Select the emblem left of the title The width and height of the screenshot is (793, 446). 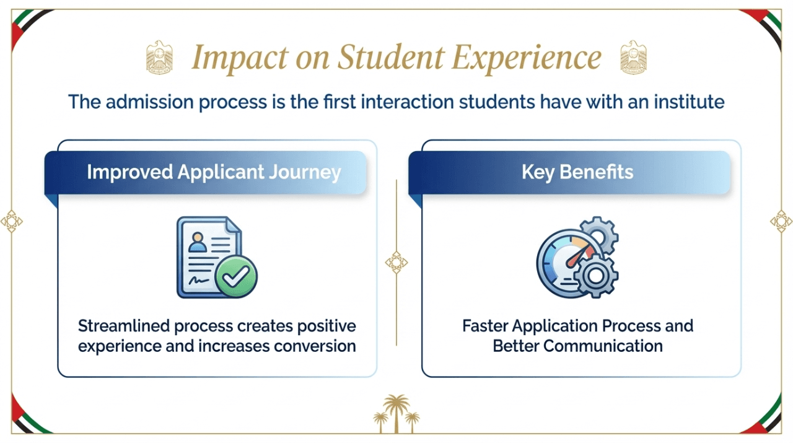pyautogui.click(x=159, y=57)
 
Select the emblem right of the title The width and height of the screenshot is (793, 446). pyautogui.click(x=633, y=57)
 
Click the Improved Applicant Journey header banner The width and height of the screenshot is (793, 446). pyautogui.click(x=214, y=172)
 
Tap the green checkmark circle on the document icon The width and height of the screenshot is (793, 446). pyautogui.click(x=235, y=276)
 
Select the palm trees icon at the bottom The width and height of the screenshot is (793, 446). pyautogui.click(x=396, y=413)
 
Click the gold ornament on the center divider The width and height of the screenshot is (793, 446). pyautogui.click(x=396, y=262)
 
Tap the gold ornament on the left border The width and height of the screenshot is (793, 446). pyautogui.click(x=11, y=221)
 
